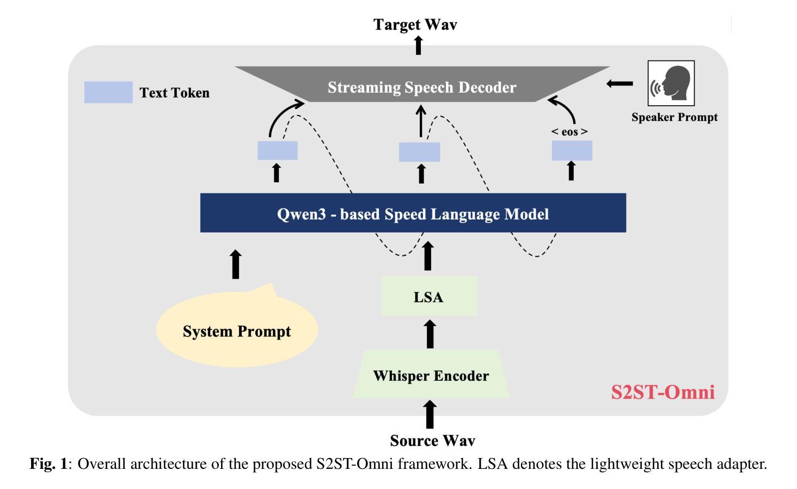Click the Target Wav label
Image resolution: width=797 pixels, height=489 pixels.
click(x=415, y=25)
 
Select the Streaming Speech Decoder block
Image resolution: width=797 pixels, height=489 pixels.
click(x=422, y=84)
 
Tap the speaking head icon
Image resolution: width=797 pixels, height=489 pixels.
click(x=671, y=83)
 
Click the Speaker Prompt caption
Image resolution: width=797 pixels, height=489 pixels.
click(x=675, y=117)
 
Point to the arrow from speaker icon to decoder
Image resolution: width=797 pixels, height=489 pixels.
click(x=620, y=84)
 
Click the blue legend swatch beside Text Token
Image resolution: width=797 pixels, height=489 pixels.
click(x=108, y=92)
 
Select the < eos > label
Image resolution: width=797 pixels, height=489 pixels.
click(x=569, y=132)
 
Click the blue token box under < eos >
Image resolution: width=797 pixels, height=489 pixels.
click(x=572, y=150)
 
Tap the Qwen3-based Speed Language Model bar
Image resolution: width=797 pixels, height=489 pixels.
click(x=413, y=213)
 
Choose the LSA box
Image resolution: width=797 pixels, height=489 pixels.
click(x=429, y=296)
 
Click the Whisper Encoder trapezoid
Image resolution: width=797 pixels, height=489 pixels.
click(x=431, y=375)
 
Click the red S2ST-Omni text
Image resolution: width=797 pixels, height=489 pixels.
click(x=663, y=392)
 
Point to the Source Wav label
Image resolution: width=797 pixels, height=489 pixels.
click(x=432, y=441)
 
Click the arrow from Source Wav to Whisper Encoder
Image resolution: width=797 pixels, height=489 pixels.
click(x=430, y=414)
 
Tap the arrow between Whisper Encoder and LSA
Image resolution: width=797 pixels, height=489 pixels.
click(x=430, y=334)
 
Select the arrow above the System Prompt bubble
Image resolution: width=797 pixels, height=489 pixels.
click(x=236, y=264)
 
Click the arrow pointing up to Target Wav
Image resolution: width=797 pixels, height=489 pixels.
click(x=419, y=45)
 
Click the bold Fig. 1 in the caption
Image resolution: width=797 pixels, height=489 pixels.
click(x=48, y=464)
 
